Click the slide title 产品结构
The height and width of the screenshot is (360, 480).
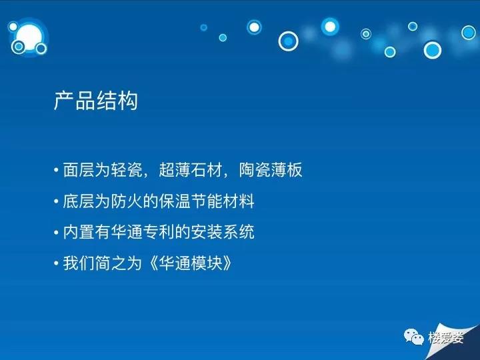pos(96,101)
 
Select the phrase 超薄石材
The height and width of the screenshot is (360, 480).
pos(191,169)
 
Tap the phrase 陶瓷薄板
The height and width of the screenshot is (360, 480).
pos(271,169)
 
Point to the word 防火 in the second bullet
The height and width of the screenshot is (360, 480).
pos(127,201)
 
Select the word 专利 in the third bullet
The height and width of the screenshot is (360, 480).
pos(175,232)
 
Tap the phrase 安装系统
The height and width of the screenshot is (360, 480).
pos(223,232)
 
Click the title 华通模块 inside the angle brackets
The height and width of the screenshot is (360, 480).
pos(191,263)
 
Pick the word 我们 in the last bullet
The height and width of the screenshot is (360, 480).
pos(79,263)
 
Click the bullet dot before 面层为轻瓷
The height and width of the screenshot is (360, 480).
pos(56,170)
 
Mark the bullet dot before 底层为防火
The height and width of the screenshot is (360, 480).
pos(56,201)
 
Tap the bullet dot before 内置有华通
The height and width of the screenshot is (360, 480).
pos(56,233)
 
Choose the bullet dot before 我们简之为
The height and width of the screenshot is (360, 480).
pos(56,263)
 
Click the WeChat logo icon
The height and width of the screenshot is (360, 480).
pos(414,337)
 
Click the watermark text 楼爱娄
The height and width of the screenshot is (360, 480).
pos(446,337)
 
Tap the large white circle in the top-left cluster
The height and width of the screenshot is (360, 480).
pos(30,37)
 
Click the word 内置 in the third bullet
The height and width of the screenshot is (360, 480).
pos(79,232)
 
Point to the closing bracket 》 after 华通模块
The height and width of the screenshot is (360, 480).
pos(227,263)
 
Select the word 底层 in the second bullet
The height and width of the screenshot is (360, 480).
pos(79,201)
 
